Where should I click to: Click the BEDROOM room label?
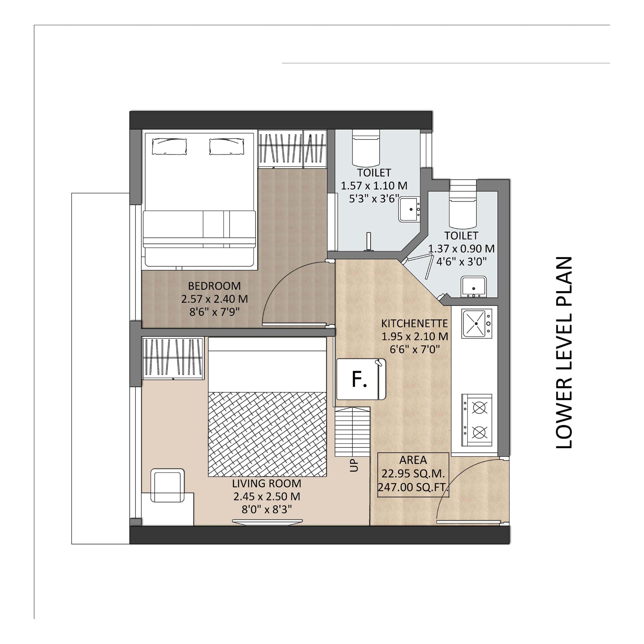pyautogui.click(x=214, y=286)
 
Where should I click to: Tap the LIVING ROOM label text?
pyautogui.click(x=267, y=483)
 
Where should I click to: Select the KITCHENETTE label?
pyautogui.click(x=414, y=323)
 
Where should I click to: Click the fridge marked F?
pyautogui.click(x=361, y=379)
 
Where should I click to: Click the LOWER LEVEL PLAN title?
pyautogui.click(x=564, y=352)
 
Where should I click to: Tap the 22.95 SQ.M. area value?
pyautogui.click(x=413, y=474)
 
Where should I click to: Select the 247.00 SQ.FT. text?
pyautogui.click(x=413, y=487)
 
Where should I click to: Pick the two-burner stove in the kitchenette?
pyautogui.click(x=477, y=420)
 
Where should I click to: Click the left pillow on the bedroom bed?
pyautogui.click(x=169, y=147)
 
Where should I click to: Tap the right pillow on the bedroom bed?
pyautogui.click(x=227, y=147)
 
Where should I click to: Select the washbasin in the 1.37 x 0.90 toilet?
pyautogui.click(x=473, y=287)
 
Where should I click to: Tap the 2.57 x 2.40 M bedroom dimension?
pyautogui.click(x=215, y=299)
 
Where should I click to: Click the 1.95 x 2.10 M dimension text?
pyautogui.click(x=415, y=337)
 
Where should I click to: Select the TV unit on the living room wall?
pyautogui.click(x=267, y=522)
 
